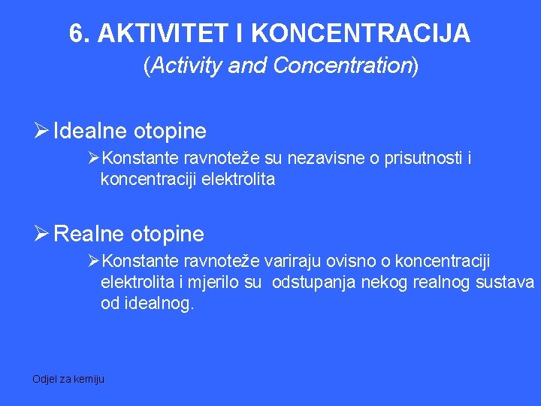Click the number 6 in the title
coord(75,33)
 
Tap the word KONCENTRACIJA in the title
coord(361,33)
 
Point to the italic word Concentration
coord(342,66)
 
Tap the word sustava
coord(507,283)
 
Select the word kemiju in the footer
coord(91,379)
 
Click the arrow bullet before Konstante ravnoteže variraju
coord(95,261)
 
